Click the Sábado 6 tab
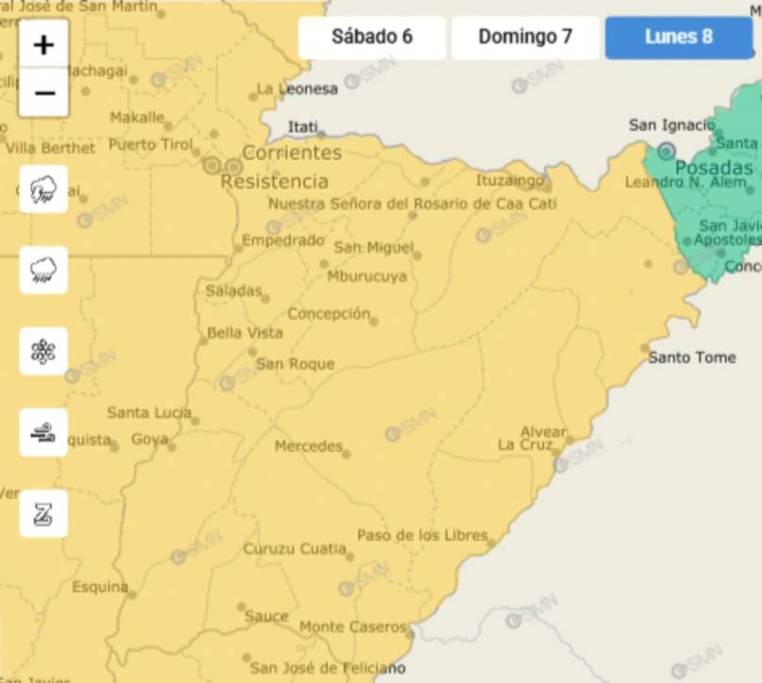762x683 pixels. [x=372, y=38]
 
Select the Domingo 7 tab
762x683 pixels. [x=525, y=38]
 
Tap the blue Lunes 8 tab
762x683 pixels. [x=678, y=38]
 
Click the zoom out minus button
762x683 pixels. [x=43, y=93]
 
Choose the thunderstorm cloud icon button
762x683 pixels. [x=43, y=190]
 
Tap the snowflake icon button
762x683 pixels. [x=43, y=352]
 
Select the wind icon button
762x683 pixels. [x=43, y=433]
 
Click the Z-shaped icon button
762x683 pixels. [x=43, y=514]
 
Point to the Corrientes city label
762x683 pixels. [x=292, y=153]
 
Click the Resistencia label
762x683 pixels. [x=275, y=181]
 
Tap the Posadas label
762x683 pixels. [x=714, y=169]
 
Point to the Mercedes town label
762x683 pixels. [x=308, y=446]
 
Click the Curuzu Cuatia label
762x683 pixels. [x=295, y=549]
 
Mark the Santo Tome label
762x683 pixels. [x=691, y=358]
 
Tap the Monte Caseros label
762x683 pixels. [x=352, y=627]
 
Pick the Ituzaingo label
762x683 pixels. [x=510, y=180]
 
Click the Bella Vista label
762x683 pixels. [x=245, y=333]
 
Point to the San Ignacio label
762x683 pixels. [x=671, y=125]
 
